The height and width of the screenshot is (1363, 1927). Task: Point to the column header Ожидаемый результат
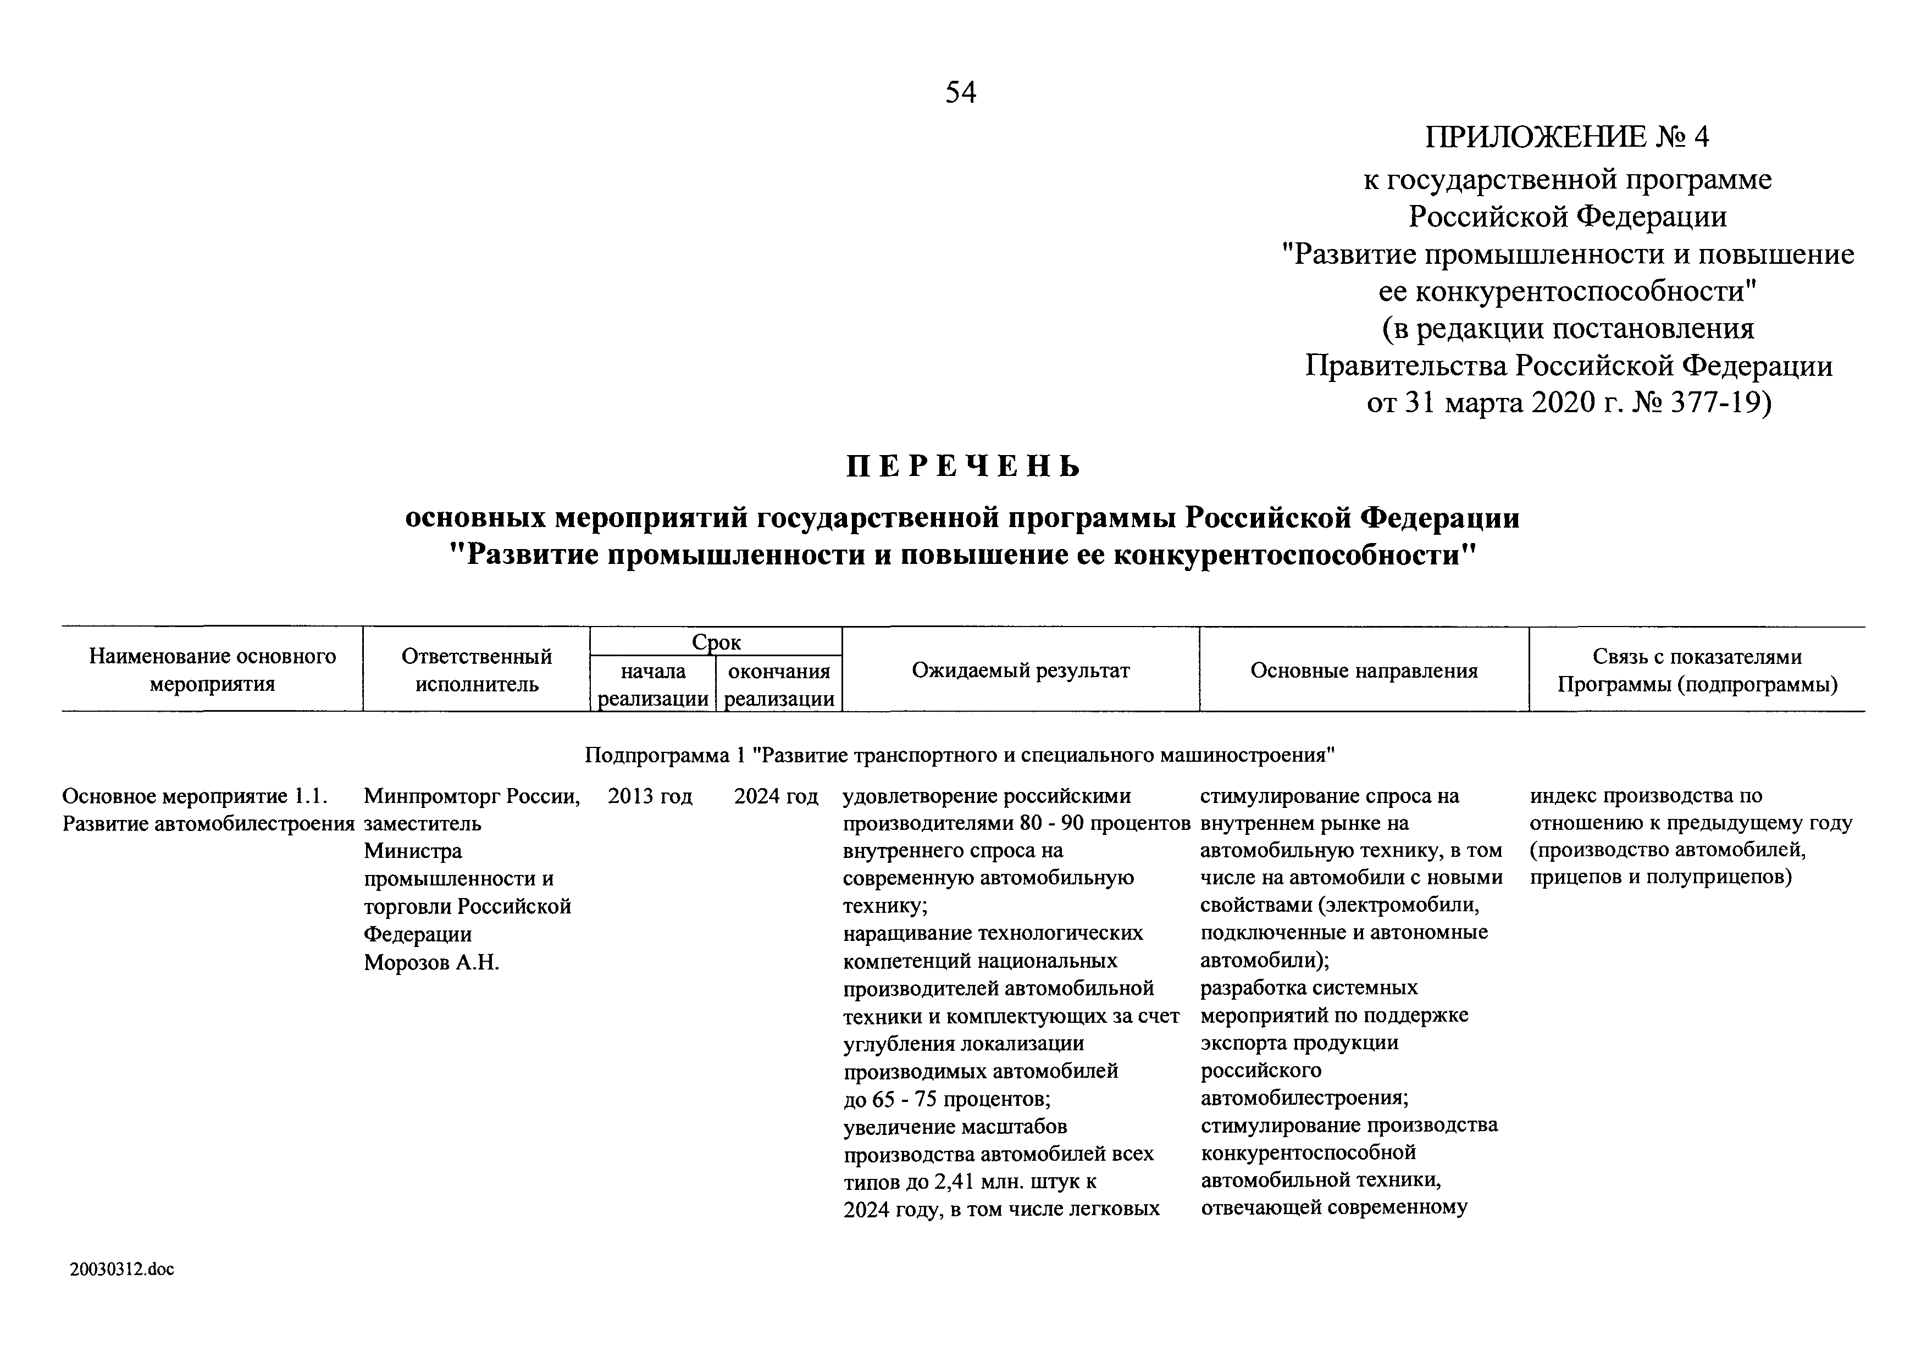tap(1021, 671)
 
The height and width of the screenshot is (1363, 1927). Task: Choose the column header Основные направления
tap(1364, 671)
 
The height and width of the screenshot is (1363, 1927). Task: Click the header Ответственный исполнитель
tap(477, 670)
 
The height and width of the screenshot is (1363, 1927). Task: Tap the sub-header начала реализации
tap(653, 685)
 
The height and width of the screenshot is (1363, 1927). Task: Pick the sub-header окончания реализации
tap(779, 685)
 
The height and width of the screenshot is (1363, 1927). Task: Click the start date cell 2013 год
tap(650, 796)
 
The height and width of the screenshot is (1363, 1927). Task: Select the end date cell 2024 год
tap(776, 796)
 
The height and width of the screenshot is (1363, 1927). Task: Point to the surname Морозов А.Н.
tap(431, 963)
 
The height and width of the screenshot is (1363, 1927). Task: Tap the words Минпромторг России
tap(472, 796)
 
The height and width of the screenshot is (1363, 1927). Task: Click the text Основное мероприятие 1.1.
tap(195, 796)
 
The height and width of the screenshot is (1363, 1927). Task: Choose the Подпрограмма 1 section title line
tap(959, 755)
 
